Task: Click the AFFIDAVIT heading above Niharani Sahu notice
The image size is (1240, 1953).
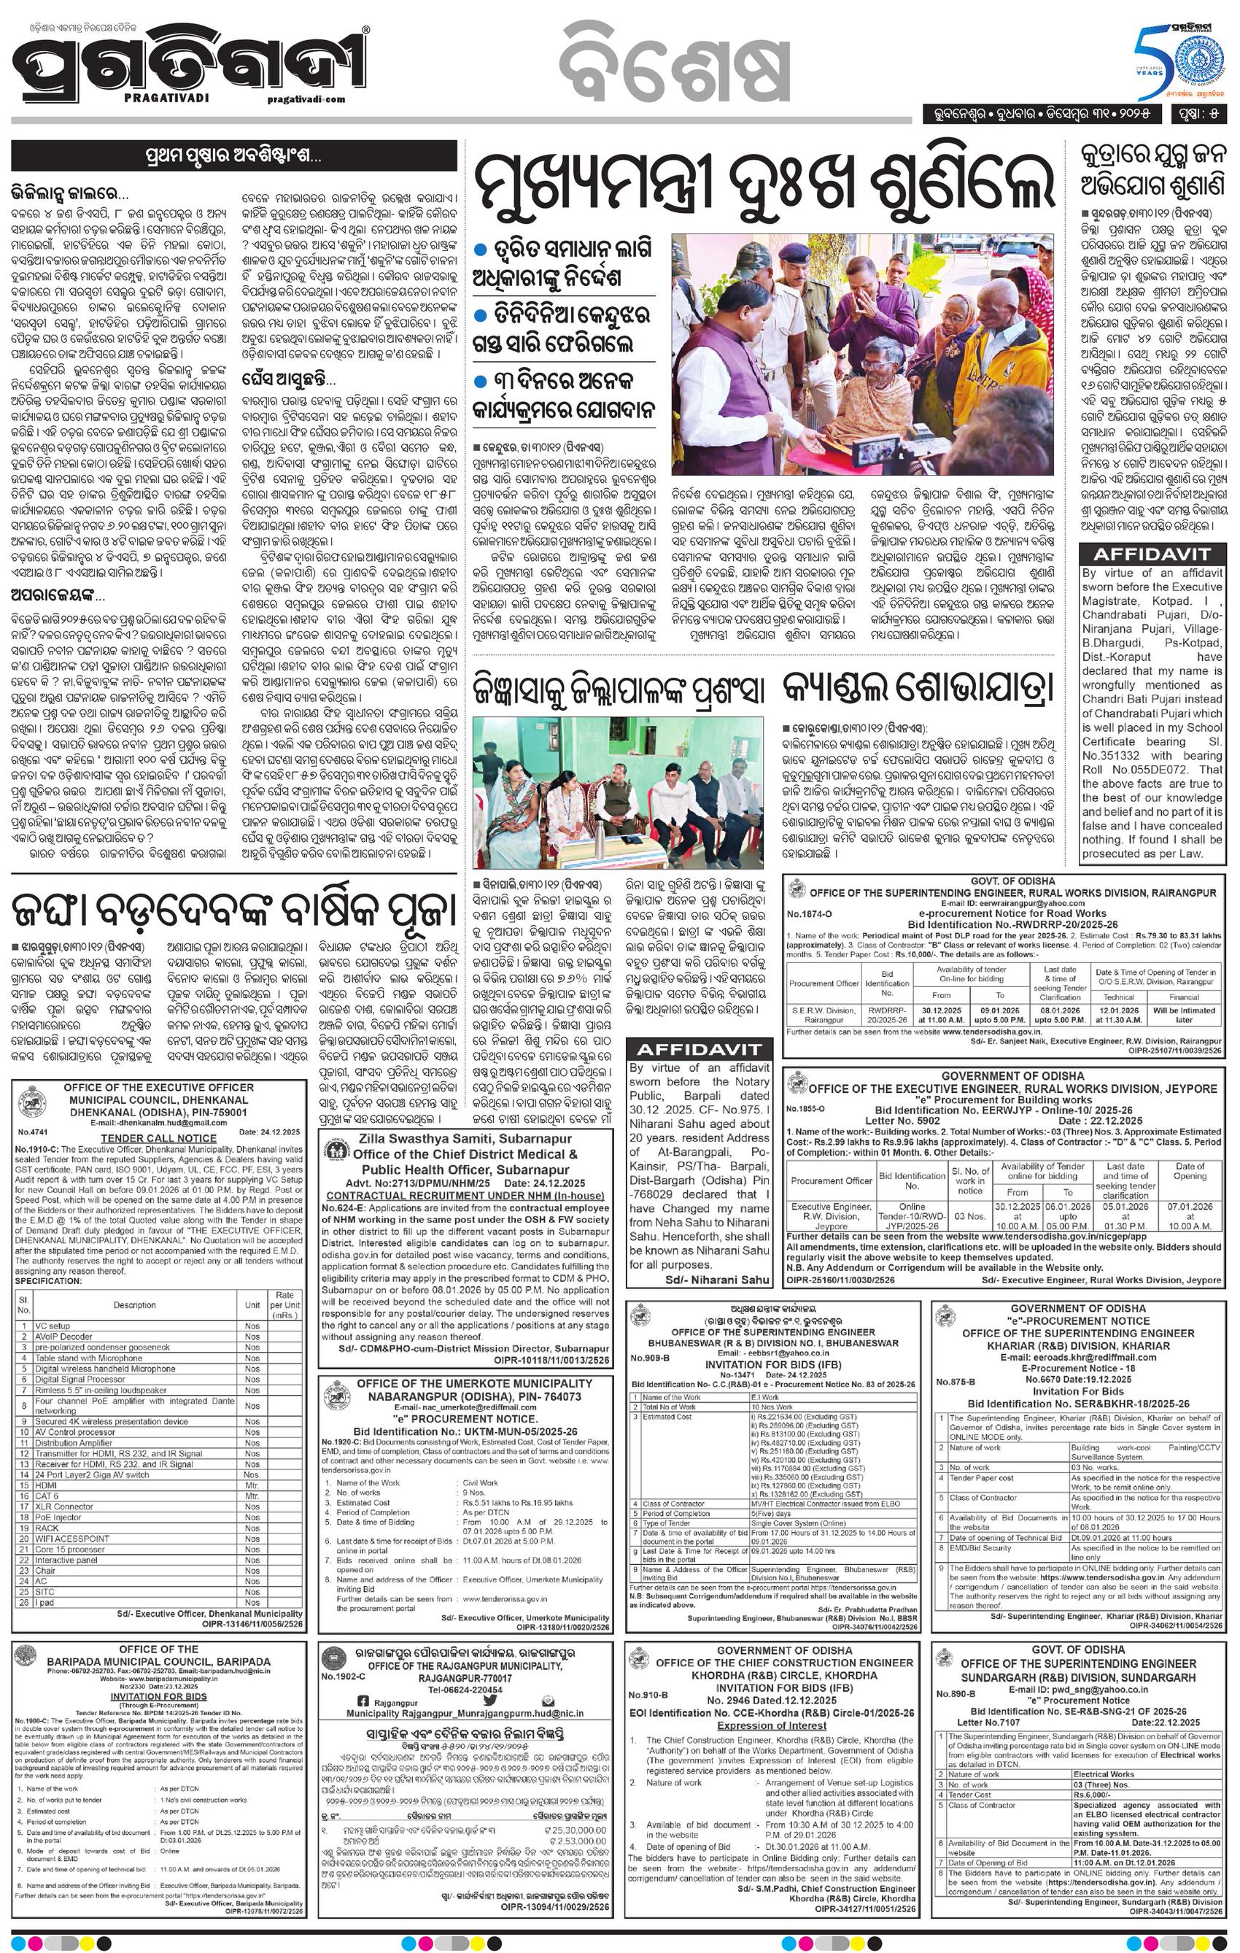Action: point(698,1050)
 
